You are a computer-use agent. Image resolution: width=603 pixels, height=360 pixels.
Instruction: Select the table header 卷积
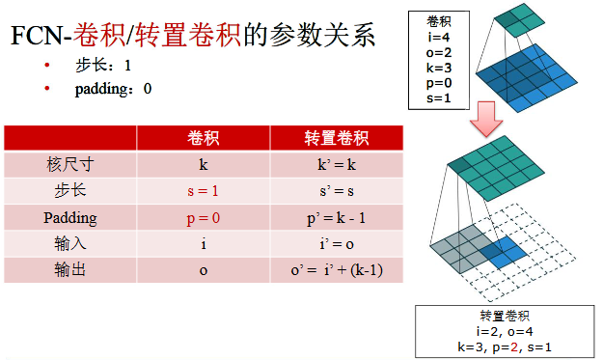[x=203, y=138]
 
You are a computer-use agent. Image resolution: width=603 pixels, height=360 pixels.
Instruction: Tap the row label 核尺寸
[x=70, y=165]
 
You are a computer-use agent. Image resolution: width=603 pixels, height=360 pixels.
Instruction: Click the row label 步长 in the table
[x=70, y=191]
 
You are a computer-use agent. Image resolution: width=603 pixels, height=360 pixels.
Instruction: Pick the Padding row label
[x=70, y=217]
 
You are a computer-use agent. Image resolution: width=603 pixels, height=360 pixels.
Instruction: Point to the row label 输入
[x=70, y=243]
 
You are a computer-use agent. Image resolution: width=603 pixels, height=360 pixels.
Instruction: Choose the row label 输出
[x=70, y=269]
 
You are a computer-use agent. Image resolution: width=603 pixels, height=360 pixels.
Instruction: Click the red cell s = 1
[x=203, y=191]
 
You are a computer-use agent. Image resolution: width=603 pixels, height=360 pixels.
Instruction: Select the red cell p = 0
[x=203, y=217]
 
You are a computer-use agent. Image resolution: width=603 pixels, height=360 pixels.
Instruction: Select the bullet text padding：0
[x=113, y=89]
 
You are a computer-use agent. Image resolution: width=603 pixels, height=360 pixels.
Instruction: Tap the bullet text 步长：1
[x=101, y=66]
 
